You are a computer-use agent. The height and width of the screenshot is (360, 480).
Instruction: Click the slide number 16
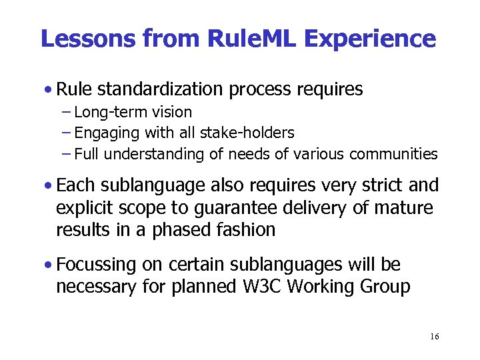[x=435, y=337]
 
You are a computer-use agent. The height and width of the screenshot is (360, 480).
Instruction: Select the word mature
[x=404, y=208]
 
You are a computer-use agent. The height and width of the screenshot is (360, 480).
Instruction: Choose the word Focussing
[x=97, y=265]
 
